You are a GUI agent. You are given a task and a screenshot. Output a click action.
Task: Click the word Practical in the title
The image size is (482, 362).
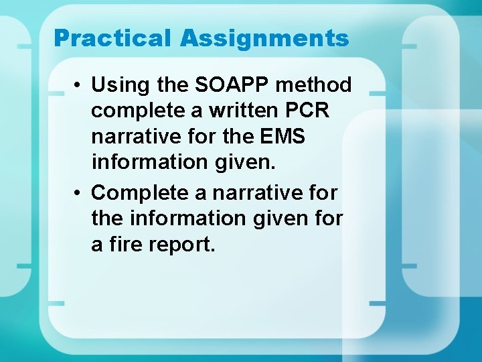pyautogui.click(x=112, y=38)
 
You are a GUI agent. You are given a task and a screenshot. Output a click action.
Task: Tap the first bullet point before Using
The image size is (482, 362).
pyautogui.click(x=78, y=85)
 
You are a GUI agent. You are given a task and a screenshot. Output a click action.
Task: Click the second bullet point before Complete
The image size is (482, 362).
pyautogui.click(x=78, y=193)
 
